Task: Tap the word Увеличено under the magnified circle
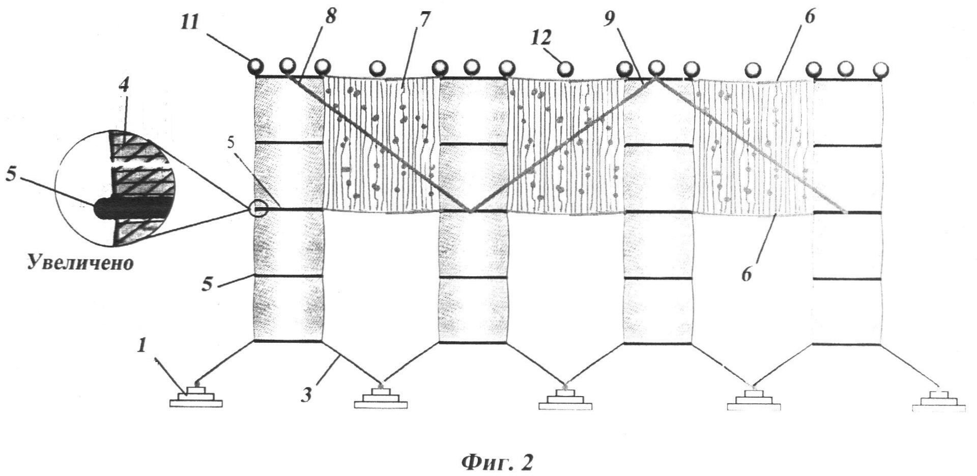coord(80,263)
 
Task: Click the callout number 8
coord(331,17)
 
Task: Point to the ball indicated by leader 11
coord(255,67)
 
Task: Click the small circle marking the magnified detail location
coord(258,209)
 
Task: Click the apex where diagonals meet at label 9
coord(656,78)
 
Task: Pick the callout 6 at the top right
coord(810,17)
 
